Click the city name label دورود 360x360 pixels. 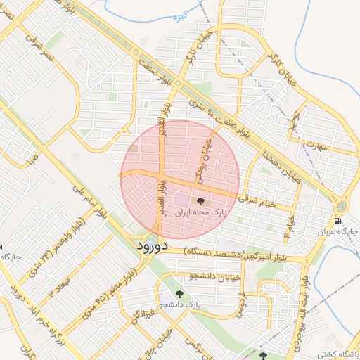click(149, 247)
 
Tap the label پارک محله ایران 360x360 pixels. click(220, 212)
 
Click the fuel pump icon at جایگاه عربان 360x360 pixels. click(338, 221)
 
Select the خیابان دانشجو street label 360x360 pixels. click(212, 276)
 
